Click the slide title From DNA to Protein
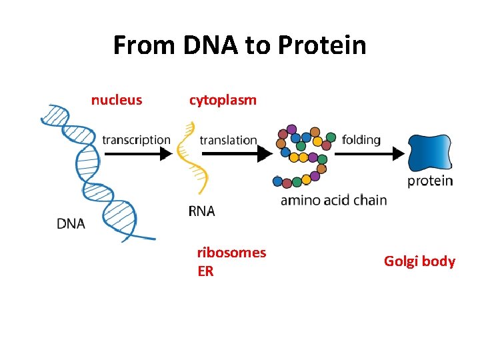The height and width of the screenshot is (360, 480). tap(239, 46)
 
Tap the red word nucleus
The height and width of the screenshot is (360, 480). tap(117, 100)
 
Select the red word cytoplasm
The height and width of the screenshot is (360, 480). tap(223, 100)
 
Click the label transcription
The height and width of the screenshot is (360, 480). tap(136, 139)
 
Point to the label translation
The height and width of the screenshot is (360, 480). tap(228, 140)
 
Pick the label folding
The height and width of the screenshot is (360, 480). tap(361, 139)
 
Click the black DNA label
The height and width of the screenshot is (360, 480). tap(71, 224)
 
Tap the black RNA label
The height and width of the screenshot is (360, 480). tap(201, 211)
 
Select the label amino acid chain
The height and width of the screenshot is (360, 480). tap(333, 200)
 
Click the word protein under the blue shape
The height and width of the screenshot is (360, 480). tap(430, 181)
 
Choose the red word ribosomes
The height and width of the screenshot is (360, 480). tap(231, 253)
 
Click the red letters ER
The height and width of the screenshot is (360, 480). tap(205, 271)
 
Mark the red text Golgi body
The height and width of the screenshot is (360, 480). tap(419, 261)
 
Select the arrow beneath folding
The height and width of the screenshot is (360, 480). tap(370, 154)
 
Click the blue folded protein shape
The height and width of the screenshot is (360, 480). tap(430, 153)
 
